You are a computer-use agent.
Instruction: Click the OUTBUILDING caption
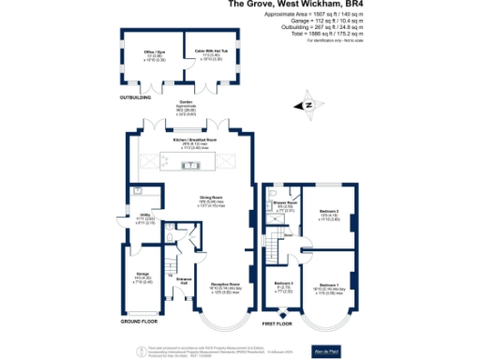coord(135,96)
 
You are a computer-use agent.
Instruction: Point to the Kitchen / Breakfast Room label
coord(190,142)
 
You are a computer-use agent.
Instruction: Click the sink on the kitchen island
coord(190,166)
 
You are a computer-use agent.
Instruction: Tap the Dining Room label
coord(210,198)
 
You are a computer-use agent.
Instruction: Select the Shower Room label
coord(285,203)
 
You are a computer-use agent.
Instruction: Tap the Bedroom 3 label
coord(285,283)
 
